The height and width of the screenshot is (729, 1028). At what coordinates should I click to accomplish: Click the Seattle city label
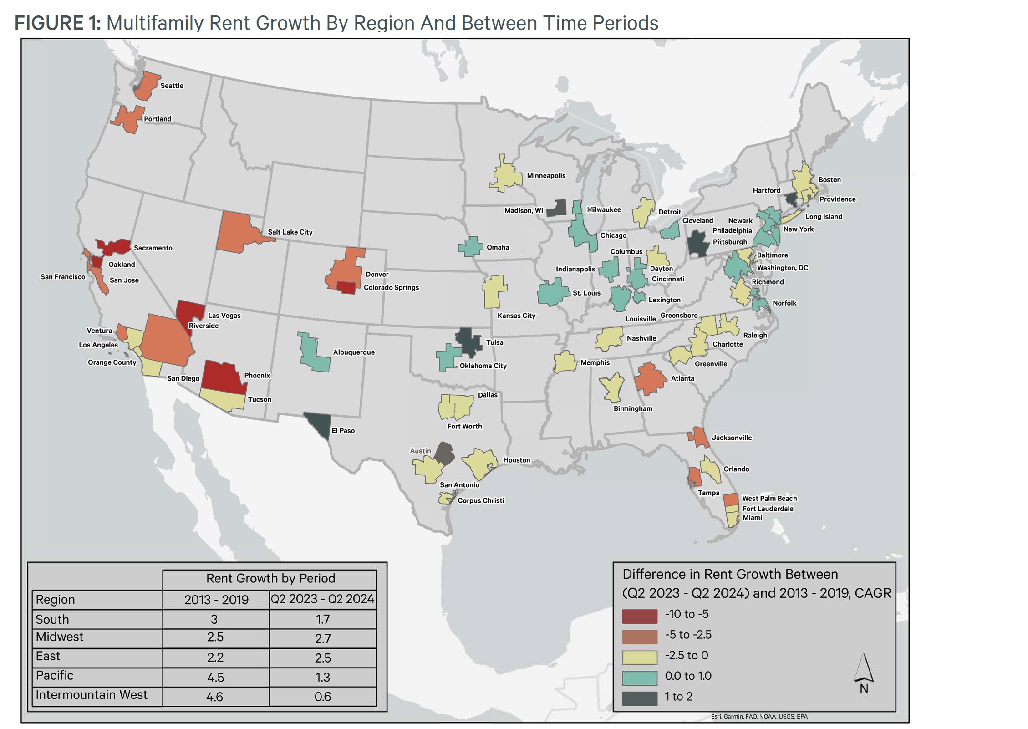(172, 86)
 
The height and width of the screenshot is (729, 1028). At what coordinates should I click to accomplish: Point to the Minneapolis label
(546, 176)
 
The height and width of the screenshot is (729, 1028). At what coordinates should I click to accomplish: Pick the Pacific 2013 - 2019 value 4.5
(215, 677)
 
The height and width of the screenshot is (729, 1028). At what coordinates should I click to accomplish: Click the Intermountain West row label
(92, 695)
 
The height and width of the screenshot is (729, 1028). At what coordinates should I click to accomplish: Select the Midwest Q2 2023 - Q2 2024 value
(322, 638)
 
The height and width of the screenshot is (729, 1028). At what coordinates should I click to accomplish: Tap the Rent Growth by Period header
(270, 578)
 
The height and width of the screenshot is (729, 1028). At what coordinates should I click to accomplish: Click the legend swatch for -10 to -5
(640, 616)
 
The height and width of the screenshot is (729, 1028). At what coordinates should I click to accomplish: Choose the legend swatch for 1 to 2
(640, 698)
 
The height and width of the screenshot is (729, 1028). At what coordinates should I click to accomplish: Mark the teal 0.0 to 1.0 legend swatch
(640, 678)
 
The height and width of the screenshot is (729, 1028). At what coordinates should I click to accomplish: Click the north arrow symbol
(864, 669)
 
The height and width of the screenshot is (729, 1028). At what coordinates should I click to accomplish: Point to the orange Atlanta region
(650, 378)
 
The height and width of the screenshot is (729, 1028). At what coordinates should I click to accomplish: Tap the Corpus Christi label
(481, 500)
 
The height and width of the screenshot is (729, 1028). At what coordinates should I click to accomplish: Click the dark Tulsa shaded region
(469, 342)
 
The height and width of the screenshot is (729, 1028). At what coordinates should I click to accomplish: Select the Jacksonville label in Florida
(732, 438)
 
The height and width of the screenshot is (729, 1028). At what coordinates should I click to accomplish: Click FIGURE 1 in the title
(57, 23)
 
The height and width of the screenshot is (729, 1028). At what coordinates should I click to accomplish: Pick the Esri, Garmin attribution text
(759, 716)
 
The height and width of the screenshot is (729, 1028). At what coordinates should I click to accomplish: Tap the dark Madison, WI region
(556, 208)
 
